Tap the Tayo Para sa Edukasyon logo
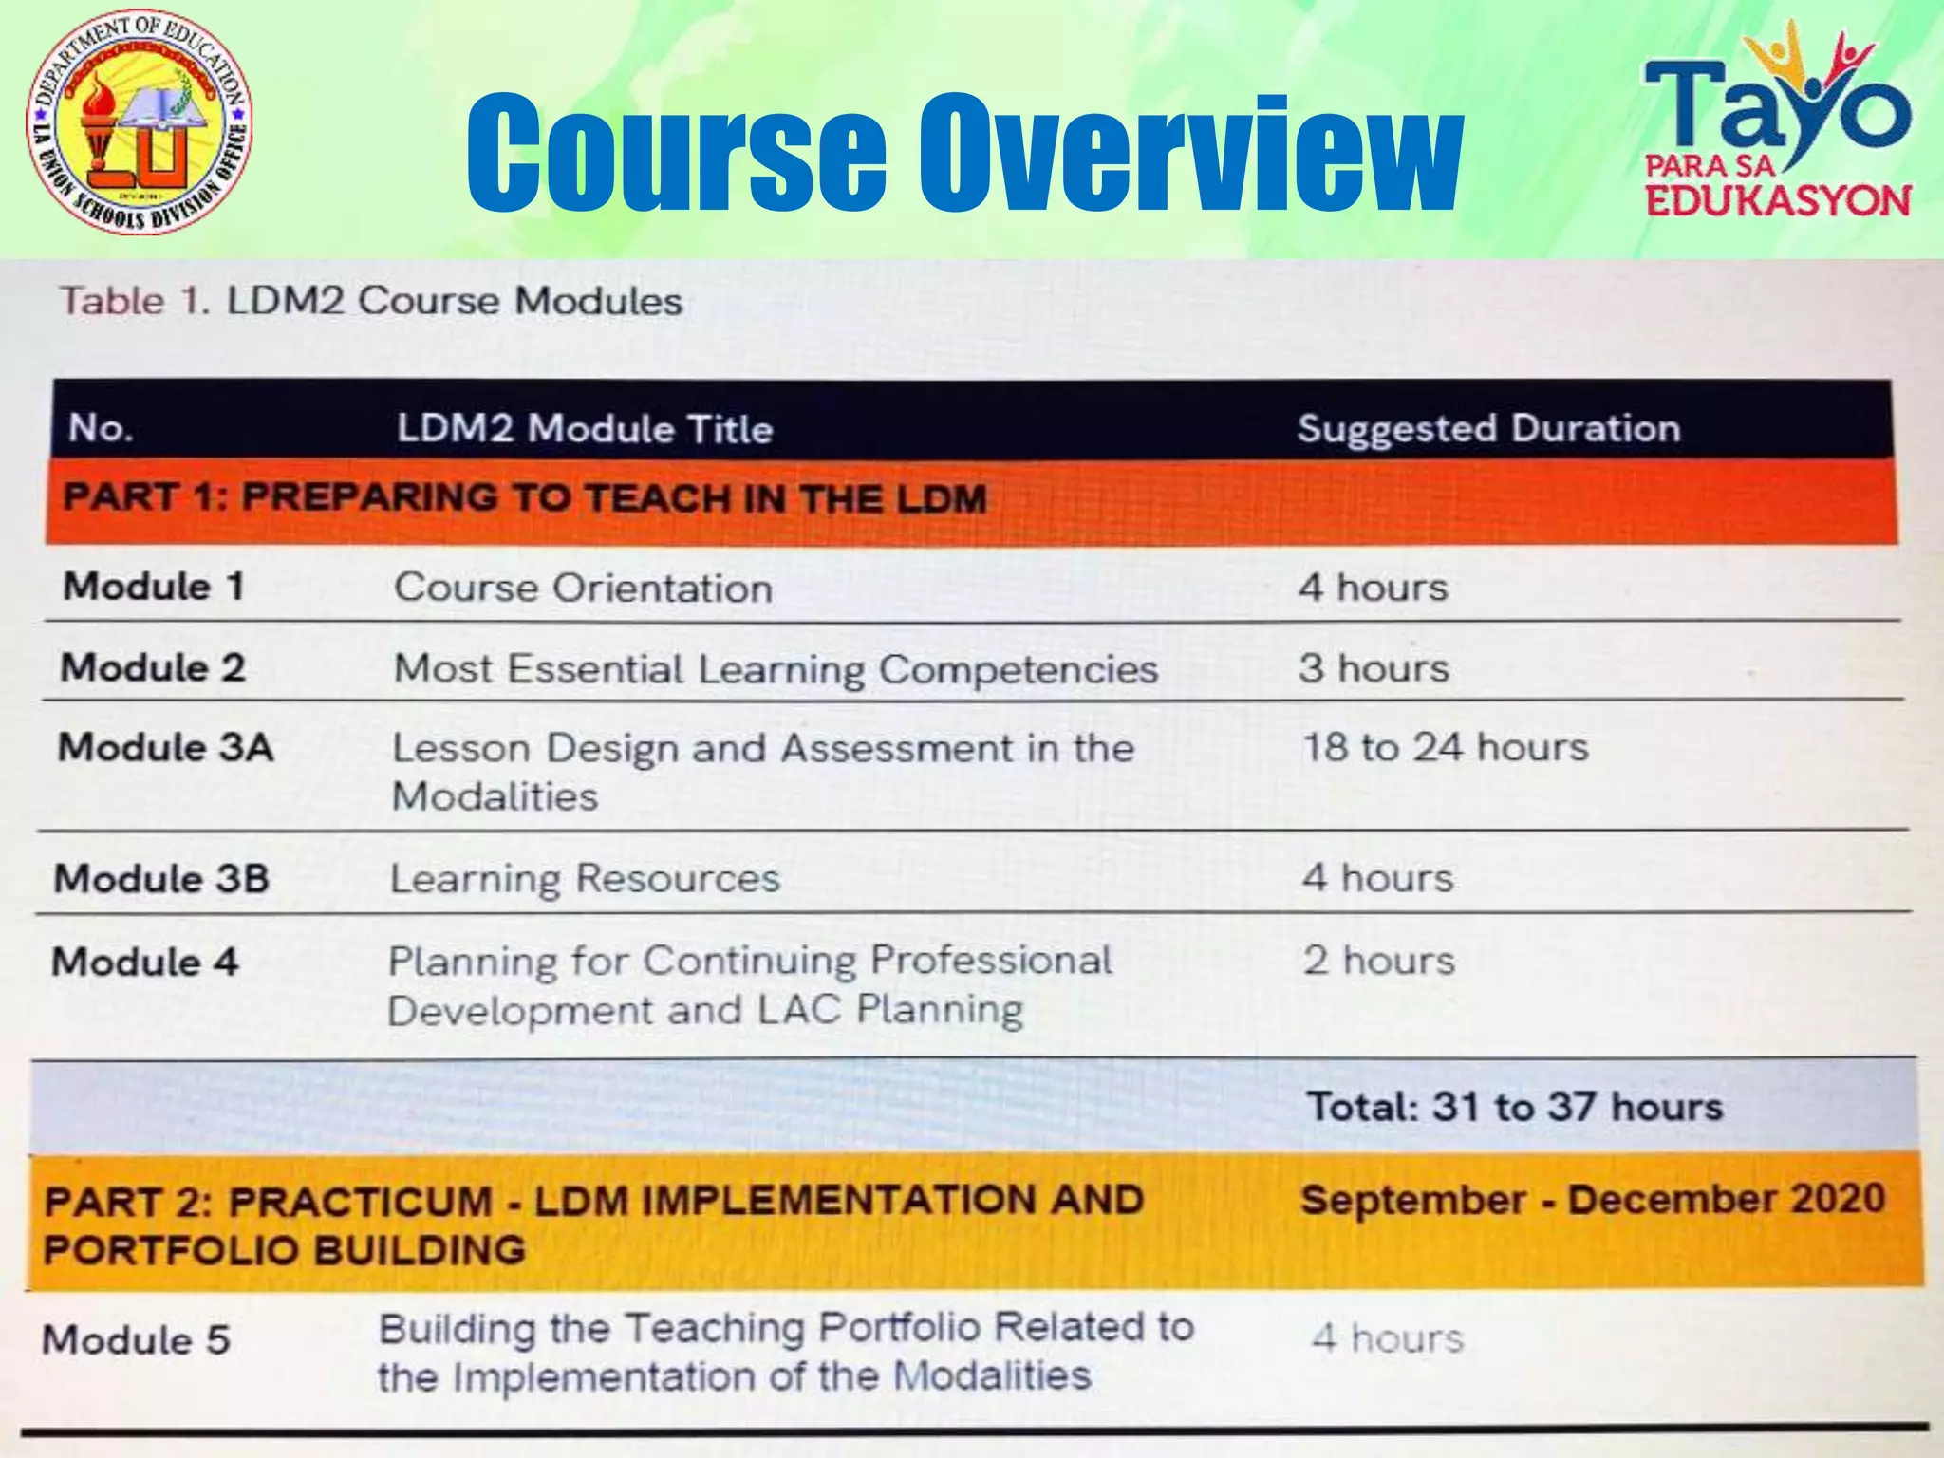click(1776, 123)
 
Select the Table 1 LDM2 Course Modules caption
click(371, 301)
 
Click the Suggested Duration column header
click(1488, 428)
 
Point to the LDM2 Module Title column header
click(585, 428)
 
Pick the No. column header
click(100, 428)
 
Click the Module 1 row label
click(154, 586)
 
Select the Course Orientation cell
click(583, 588)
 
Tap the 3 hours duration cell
click(1374, 668)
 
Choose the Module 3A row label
click(166, 747)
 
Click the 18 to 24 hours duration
click(1445, 747)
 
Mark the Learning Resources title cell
click(585, 878)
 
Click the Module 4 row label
click(145, 962)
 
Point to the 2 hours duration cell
click(1378, 961)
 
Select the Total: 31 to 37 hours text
click(1515, 1107)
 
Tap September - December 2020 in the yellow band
click(1592, 1199)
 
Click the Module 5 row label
click(137, 1339)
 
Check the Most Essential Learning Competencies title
click(776, 668)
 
